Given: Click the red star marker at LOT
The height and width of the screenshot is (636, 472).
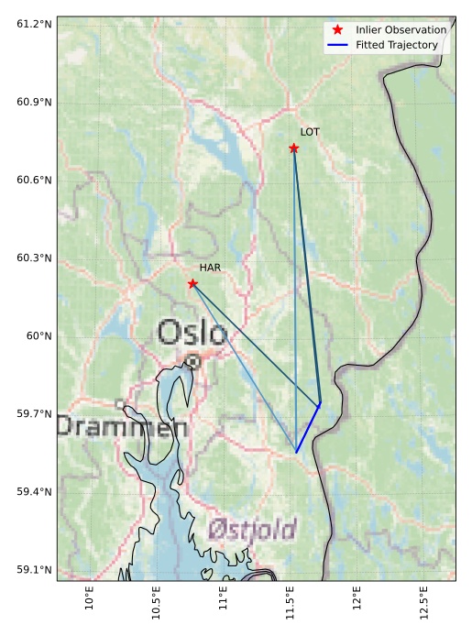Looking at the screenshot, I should [294, 148].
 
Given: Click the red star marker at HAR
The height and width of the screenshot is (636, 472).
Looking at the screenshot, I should [192, 283].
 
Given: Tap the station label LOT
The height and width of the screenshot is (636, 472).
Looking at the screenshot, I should [310, 132].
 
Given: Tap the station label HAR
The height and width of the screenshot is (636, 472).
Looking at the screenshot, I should [211, 268].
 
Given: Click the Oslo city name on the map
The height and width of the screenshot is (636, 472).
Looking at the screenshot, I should [192, 333].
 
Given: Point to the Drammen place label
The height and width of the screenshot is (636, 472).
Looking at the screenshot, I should [123, 426].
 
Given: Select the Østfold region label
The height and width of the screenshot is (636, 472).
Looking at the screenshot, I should [252, 530].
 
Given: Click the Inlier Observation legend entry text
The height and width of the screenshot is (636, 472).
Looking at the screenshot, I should [401, 30].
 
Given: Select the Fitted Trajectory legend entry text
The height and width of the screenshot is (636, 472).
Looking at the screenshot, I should [397, 45].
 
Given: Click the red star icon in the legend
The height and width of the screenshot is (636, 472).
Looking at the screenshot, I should [338, 30].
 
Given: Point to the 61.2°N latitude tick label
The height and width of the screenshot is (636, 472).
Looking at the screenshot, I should [34, 23].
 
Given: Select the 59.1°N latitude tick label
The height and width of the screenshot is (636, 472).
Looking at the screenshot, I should [34, 570].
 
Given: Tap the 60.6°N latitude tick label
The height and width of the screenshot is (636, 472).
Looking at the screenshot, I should [34, 180].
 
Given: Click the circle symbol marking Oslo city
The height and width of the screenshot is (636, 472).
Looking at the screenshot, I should [193, 361].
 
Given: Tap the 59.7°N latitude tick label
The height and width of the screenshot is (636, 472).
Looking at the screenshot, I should [34, 414].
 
